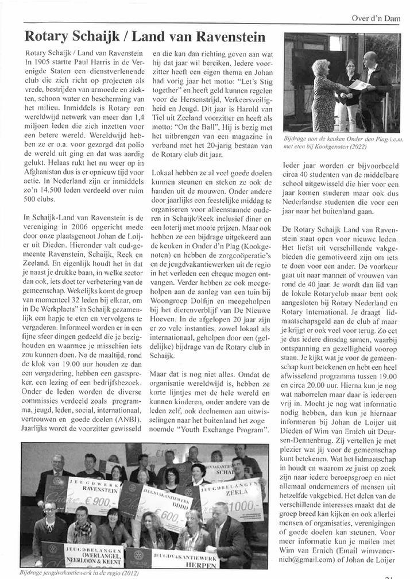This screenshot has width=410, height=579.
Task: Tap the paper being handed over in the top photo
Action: (359, 85)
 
